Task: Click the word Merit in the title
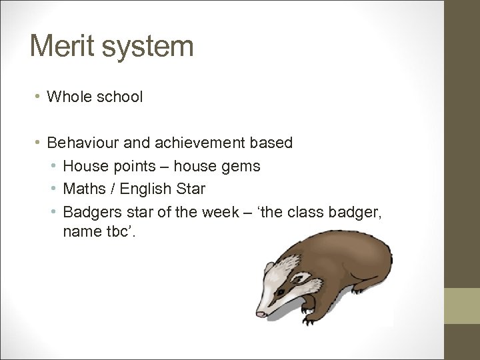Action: tap(61, 47)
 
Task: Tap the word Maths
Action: tap(84, 189)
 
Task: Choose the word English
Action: tap(151, 189)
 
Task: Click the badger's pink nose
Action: tap(260, 313)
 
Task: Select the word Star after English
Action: tap(192, 189)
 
